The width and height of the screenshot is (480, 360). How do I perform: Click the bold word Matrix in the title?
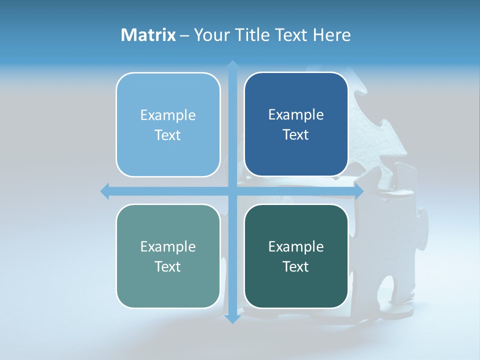coord(148,35)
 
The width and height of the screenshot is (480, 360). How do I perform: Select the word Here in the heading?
coord(332,35)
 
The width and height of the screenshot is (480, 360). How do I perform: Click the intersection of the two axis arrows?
coord(232,191)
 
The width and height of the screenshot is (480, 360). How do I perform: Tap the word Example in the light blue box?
coord(168,115)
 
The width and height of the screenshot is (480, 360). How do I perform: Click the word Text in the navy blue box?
coord(296,135)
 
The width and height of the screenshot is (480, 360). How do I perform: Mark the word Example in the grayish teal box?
coord(168,247)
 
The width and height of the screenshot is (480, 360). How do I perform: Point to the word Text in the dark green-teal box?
coord(296,266)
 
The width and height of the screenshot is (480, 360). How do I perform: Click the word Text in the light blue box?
coord(168,135)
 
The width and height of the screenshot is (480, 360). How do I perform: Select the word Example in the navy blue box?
coord(296,115)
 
